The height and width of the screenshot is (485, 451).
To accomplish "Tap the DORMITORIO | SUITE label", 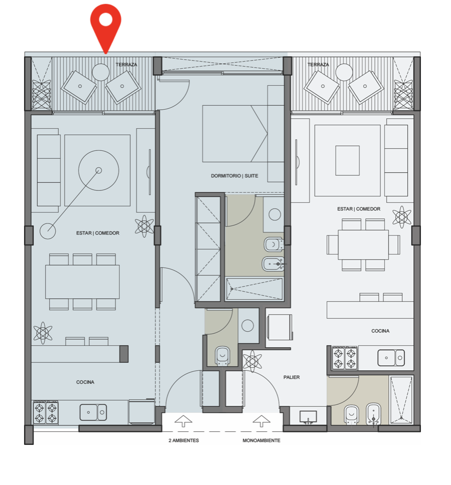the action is click(235, 176).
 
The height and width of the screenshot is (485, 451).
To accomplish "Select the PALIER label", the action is click(291, 377).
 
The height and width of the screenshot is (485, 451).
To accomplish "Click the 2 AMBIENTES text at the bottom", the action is click(184, 440).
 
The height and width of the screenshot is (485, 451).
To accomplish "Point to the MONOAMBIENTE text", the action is click(262, 440).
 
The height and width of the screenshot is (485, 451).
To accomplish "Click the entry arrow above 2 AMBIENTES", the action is click(183, 421).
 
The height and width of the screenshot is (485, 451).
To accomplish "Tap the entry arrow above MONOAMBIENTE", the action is click(262, 421).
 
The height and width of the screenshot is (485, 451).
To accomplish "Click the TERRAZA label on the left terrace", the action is click(126, 64).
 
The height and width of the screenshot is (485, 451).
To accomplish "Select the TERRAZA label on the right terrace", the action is click(318, 64).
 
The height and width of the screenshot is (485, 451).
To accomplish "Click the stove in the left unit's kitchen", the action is click(46, 413).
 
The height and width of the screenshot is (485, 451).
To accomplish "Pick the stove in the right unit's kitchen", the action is click(345, 358).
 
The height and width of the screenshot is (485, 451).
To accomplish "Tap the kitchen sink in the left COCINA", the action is click(93, 412).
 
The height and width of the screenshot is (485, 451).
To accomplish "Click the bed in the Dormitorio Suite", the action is click(235, 134).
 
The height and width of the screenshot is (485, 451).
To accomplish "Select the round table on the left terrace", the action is click(101, 72).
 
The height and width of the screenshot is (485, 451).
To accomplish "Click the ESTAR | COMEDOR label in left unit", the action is click(98, 233).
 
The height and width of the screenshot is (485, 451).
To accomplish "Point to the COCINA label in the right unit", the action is click(380, 331).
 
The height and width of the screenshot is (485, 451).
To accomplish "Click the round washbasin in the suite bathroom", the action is click(275, 214).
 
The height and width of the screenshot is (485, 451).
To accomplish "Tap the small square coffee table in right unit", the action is click(347, 160).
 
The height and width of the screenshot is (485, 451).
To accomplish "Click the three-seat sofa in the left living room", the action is click(49, 170).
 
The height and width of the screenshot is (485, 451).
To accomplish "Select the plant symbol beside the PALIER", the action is click(253, 361).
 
